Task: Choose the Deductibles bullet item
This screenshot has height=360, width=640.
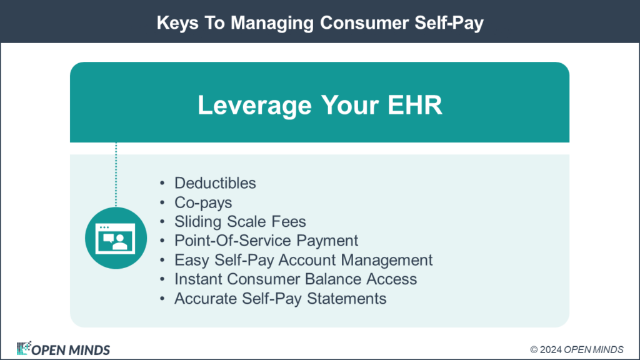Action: (215, 183)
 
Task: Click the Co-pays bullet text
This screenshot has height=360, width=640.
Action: (203, 202)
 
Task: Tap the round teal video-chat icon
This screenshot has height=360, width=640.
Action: (116, 238)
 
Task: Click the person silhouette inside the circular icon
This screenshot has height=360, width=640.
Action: (121, 242)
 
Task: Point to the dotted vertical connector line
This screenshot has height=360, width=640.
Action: (116, 174)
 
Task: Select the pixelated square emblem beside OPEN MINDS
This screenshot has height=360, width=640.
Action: (24, 348)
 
